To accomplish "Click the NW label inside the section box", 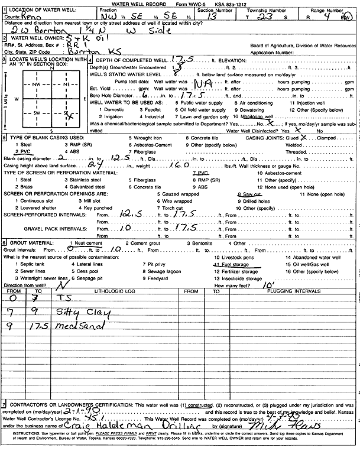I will (38, 84).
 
